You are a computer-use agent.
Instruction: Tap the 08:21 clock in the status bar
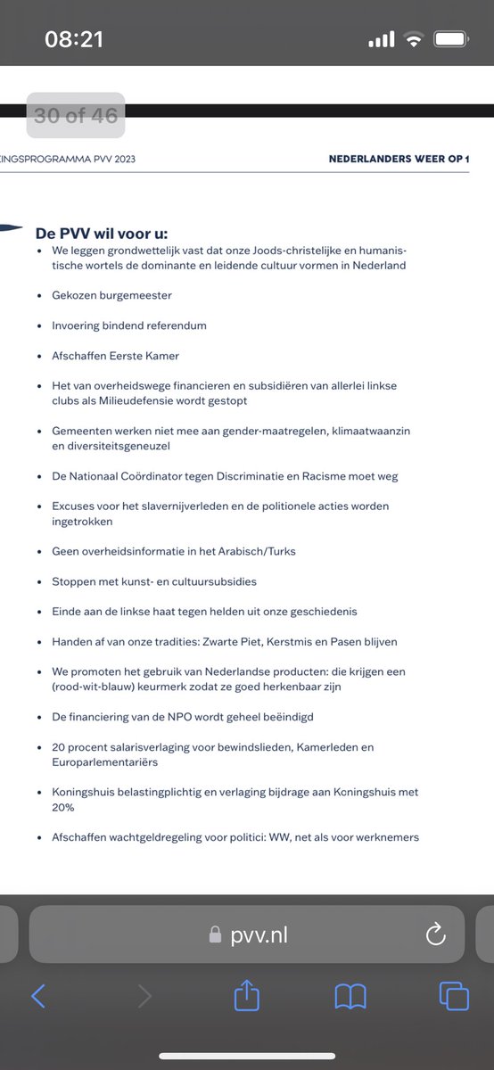coord(75,39)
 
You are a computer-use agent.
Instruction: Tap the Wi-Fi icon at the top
coord(413,39)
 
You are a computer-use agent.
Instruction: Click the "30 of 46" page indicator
coord(76,115)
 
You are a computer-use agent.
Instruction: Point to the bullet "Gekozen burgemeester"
coord(111,294)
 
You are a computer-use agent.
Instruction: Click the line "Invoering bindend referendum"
coord(129,325)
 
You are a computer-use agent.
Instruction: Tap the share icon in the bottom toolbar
coord(246,996)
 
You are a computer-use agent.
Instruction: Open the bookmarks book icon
coord(350,996)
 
